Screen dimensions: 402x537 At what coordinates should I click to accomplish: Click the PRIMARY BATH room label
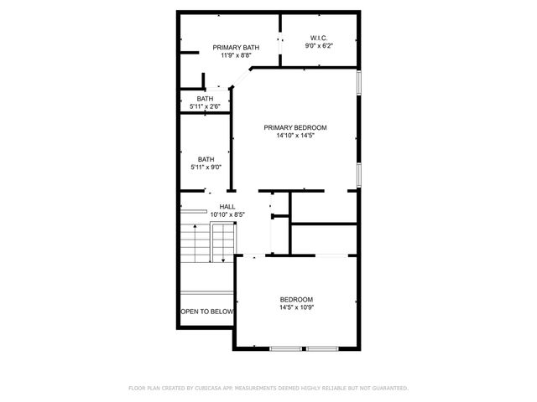236,47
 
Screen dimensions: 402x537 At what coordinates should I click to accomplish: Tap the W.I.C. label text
318,38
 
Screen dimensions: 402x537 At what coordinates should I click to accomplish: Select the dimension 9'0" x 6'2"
318,47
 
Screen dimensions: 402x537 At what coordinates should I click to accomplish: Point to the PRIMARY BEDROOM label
295,127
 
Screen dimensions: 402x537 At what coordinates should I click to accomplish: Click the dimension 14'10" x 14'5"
295,137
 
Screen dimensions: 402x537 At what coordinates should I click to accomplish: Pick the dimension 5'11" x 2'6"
205,106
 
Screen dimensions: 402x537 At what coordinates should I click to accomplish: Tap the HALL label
227,206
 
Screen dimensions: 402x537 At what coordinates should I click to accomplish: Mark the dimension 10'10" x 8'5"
227,215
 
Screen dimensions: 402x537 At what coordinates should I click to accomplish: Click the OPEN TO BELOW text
206,312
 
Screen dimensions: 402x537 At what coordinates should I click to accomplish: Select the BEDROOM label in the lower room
296,300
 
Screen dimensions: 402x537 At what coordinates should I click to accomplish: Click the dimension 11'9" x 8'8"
236,56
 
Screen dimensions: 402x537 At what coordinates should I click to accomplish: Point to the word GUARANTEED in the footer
388,388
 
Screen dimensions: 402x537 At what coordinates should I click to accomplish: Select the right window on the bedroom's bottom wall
321,348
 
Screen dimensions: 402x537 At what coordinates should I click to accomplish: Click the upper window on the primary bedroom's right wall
359,82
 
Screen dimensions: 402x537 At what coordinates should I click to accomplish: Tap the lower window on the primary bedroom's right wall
359,173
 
